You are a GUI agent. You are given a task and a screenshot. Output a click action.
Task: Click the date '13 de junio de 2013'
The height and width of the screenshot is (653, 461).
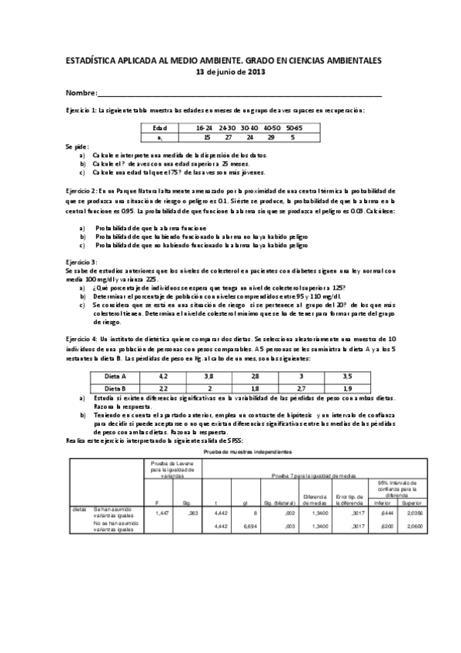[x=231, y=72]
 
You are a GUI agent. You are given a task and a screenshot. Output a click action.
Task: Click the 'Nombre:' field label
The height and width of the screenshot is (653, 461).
[x=81, y=92]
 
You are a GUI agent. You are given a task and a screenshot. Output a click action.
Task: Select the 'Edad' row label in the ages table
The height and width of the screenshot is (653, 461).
[x=160, y=127]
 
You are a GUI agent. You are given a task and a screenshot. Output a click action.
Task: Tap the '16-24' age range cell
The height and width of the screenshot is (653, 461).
[x=205, y=127]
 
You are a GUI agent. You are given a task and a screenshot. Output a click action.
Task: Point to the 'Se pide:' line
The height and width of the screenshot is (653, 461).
[x=77, y=146]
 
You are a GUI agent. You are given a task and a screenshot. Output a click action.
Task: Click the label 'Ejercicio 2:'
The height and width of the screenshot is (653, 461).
[x=82, y=189]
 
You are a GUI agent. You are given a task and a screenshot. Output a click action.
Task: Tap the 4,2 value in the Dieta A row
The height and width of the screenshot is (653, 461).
[x=163, y=376]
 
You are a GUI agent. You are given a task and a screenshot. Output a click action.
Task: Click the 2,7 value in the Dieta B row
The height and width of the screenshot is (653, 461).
[x=302, y=388]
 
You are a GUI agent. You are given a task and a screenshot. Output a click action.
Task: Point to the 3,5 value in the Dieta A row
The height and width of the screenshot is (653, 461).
[x=347, y=376]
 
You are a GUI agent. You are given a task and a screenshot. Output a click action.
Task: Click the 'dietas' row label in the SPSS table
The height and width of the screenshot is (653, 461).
[x=79, y=509]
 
